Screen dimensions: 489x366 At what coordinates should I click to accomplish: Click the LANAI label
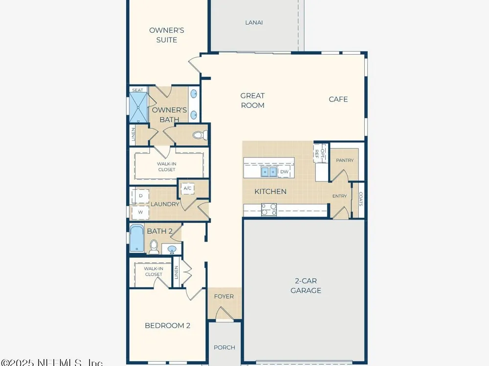click(254, 22)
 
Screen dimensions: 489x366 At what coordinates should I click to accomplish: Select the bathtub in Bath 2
click(137, 238)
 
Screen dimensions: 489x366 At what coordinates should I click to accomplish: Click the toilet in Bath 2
click(154, 247)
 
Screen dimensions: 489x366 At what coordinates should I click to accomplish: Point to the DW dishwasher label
click(284, 172)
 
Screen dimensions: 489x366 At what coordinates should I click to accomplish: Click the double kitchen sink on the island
click(269, 171)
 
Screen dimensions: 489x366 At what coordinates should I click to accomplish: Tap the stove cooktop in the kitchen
click(269, 209)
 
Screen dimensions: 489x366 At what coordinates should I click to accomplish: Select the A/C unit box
click(187, 188)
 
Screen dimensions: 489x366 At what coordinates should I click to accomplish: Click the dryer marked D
click(140, 196)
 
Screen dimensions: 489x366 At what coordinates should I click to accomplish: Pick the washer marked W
click(140, 212)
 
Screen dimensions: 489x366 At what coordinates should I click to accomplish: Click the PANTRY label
click(345, 160)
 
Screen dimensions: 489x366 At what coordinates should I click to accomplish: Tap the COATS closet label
click(361, 199)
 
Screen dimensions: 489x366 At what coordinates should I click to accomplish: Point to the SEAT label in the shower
click(137, 90)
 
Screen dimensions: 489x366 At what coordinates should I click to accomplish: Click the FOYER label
click(224, 297)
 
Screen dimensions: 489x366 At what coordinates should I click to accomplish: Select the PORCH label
click(224, 347)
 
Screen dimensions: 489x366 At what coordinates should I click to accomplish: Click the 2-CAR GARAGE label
click(306, 285)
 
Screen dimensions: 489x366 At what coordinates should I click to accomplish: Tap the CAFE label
click(338, 99)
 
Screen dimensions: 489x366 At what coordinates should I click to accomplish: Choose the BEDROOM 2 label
click(167, 325)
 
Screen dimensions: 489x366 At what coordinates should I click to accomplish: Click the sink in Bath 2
click(172, 249)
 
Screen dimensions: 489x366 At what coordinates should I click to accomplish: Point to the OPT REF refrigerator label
click(319, 153)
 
